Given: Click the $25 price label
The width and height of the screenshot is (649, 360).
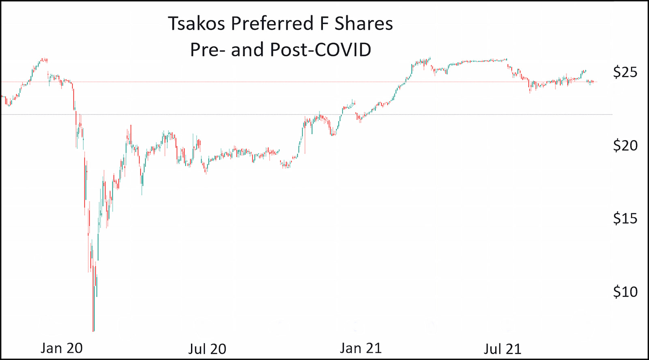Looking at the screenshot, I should (625, 72).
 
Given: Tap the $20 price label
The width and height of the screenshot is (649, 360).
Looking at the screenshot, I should (625, 145).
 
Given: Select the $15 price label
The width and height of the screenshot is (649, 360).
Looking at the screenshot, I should (625, 219).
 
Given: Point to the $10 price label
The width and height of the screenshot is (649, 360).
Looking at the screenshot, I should (625, 291).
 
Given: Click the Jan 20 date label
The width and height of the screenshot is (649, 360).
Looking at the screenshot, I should (61, 348).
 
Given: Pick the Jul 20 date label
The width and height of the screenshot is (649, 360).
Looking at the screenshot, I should (207, 349).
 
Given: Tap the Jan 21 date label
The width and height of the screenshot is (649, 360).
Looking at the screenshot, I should (361, 348).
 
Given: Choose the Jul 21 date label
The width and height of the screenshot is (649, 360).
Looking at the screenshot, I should (502, 349).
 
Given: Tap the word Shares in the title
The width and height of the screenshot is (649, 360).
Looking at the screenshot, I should (363, 24).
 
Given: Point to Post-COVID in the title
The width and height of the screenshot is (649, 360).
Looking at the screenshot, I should (320, 50).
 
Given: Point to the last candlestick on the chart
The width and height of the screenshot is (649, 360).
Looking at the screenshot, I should (593, 82).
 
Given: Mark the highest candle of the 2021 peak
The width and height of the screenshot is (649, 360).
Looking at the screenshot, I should (429, 59).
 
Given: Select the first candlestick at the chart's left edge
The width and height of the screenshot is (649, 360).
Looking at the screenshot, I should (2, 96).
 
